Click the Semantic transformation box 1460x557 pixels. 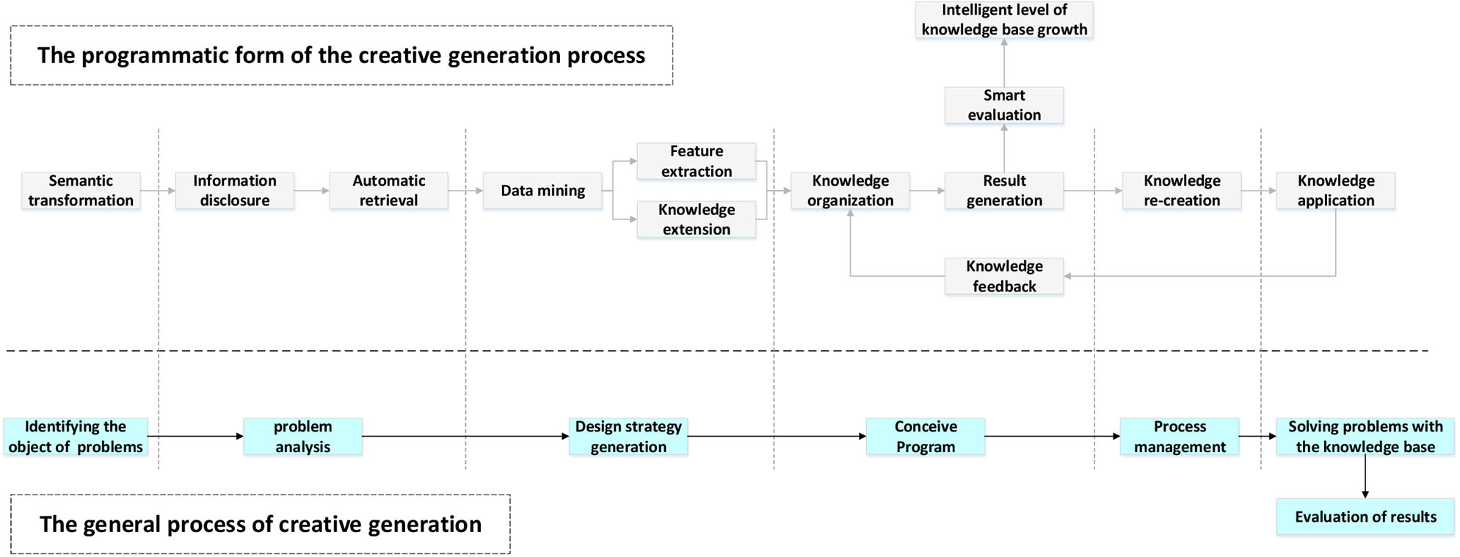pyautogui.click(x=81, y=191)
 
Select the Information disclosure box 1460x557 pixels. pyautogui.click(x=235, y=191)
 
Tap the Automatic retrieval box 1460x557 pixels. pyautogui.click(x=388, y=191)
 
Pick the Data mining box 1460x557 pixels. pyautogui.click(x=542, y=191)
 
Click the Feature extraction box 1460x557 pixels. pyautogui.click(x=696, y=161)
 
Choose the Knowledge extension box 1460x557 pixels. pyautogui.click(x=696, y=219)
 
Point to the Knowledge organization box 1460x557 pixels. pyautogui.click(x=850, y=191)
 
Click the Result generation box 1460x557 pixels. pyautogui.click(x=1003, y=191)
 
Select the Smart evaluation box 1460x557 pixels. pyautogui.click(x=1003, y=106)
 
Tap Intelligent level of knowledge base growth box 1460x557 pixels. pyautogui.click(x=1003, y=20)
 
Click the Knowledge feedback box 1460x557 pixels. pyautogui.click(x=1003, y=277)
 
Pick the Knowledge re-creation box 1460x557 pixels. pyautogui.click(x=1181, y=191)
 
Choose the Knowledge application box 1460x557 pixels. pyautogui.click(x=1335, y=191)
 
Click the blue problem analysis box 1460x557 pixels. pyautogui.click(x=302, y=437)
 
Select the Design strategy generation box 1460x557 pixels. pyautogui.click(x=628, y=437)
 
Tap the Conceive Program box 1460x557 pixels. pyautogui.click(x=925, y=437)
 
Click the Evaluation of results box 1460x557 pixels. pyautogui.click(x=1365, y=517)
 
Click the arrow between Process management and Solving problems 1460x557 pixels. pyautogui.click(x=1257, y=437)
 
